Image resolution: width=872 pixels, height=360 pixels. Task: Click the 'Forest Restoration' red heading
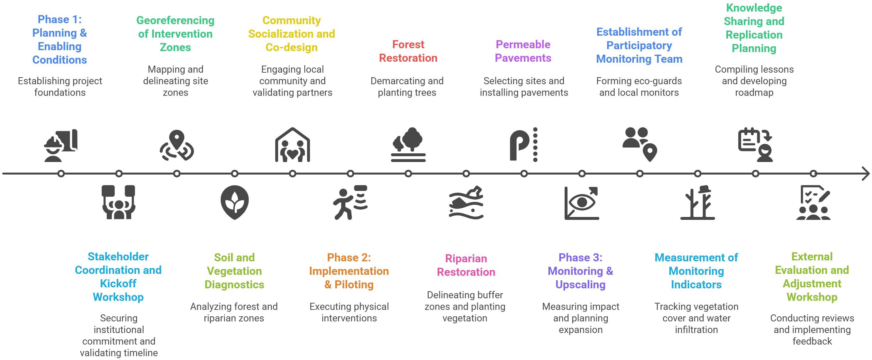408,51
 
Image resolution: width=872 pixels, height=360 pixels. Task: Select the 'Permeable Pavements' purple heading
523,51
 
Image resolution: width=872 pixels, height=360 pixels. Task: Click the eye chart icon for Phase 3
582,203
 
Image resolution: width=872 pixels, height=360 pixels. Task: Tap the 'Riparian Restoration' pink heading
466,265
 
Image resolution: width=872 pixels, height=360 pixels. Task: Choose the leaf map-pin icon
234,202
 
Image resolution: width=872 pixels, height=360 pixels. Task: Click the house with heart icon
293,145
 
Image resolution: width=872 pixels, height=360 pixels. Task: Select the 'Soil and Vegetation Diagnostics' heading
234,271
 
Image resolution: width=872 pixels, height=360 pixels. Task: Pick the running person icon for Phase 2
350,202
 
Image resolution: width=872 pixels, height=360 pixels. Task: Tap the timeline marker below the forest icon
408,174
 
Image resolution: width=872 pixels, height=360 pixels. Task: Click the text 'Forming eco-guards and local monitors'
639,86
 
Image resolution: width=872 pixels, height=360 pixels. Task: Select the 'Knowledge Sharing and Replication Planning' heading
754,28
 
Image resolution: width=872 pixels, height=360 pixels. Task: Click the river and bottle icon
466,202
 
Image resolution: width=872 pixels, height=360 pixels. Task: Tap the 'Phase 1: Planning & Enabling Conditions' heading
59,40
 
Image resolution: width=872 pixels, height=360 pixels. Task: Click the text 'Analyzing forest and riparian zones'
234,312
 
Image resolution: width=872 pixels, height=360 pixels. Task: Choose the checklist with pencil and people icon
813,203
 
